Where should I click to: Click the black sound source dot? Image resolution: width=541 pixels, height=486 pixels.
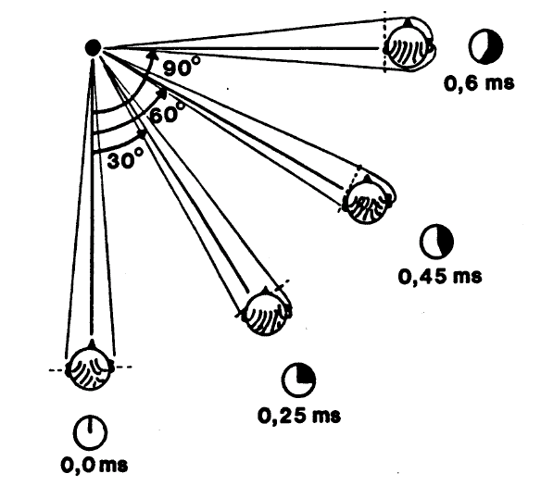93,47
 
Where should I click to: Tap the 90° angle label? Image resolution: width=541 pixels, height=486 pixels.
182,67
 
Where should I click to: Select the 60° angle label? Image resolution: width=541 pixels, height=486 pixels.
168,113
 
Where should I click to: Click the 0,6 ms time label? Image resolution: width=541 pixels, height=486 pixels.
479,83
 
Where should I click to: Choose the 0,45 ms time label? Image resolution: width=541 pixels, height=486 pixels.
440,277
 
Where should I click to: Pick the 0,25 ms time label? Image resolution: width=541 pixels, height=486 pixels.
299,415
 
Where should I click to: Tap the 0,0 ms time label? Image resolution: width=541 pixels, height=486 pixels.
94,466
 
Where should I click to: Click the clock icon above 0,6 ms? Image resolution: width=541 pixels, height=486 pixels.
485,46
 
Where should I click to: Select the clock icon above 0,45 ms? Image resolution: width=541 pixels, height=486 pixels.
437,242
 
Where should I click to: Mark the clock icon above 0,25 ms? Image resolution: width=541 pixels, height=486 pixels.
299,380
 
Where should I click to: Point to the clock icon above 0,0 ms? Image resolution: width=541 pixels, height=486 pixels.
91,433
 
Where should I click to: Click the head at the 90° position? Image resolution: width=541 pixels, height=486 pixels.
409,45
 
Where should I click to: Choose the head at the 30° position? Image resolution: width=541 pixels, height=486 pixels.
266,311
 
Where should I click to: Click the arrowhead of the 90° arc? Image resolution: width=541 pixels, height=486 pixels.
152,55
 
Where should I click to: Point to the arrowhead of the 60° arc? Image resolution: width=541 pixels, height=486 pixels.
162,93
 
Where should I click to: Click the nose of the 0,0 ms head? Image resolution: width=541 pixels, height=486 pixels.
92,343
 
